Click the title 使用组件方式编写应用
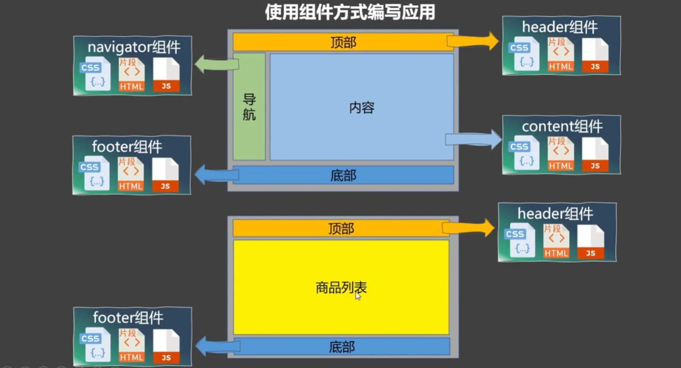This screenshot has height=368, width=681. click(350, 13)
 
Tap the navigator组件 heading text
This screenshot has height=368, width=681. click(134, 47)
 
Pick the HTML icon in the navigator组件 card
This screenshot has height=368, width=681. click(132, 75)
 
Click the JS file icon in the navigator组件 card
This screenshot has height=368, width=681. click(166, 75)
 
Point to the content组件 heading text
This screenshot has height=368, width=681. click(562, 126)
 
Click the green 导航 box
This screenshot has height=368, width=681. click(249, 107)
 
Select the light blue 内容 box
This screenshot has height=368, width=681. click(362, 107)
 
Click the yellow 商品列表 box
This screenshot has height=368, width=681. click(341, 287)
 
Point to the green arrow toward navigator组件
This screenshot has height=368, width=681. click(216, 64)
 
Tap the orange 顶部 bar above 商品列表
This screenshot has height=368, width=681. click(341, 229)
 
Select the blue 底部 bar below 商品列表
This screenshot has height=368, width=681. click(341, 347)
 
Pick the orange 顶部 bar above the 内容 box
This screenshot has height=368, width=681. click(343, 42)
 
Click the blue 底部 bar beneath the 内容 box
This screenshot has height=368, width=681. click(343, 175)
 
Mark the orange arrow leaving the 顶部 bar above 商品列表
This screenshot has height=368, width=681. click(469, 228)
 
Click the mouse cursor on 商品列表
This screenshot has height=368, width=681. click(358, 296)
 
